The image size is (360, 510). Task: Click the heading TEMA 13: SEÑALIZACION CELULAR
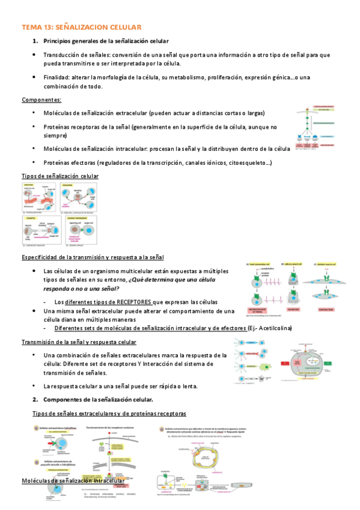click(81, 27)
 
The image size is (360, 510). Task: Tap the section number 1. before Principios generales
click(35, 41)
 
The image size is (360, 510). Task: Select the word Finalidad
click(57, 78)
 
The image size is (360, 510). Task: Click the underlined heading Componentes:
click(41, 99)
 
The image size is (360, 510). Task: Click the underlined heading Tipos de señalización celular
click(60, 176)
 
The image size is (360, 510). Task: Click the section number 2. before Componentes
click(35, 399)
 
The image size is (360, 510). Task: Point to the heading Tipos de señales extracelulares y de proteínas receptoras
click(109, 414)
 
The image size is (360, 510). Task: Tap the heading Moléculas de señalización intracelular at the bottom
click(73, 481)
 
